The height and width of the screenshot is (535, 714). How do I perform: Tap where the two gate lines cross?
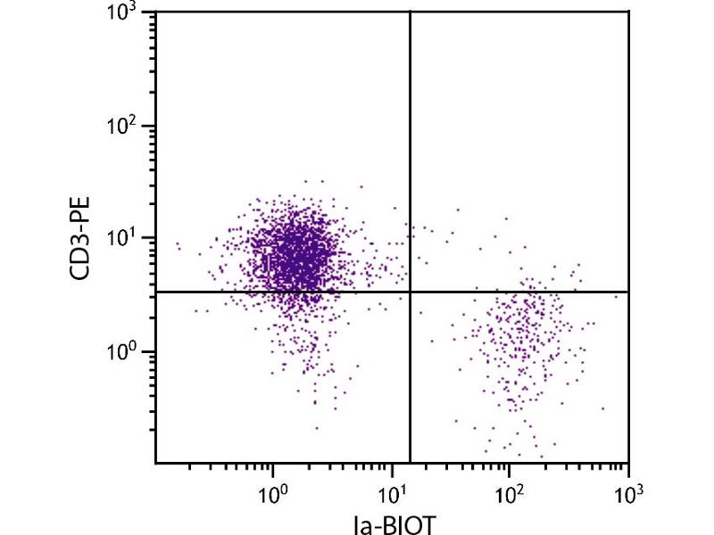[x=410, y=292]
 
